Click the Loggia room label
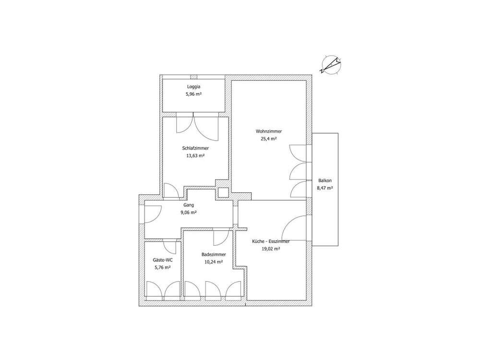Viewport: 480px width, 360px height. [x=193, y=87]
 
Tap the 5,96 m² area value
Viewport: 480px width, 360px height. [x=193, y=94]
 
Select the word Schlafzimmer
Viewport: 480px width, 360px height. [x=195, y=148]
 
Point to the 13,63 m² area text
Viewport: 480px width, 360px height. [x=195, y=156]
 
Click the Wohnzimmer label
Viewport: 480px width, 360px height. [x=269, y=132]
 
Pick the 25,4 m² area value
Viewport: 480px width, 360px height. [x=269, y=139]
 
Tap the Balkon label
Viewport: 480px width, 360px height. [x=325, y=180]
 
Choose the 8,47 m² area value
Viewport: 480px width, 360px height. [x=325, y=188]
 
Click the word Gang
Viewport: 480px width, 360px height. [x=189, y=205]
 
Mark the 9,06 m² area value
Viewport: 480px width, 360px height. [x=189, y=213]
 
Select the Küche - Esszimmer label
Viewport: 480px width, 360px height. [x=271, y=241]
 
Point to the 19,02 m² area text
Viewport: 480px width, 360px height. [x=271, y=249]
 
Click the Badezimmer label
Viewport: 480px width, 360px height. [x=214, y=254]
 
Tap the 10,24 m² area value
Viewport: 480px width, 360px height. [x=214, y=262]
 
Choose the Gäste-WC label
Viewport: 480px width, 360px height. [x=163, y=260]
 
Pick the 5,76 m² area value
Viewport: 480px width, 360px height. [x=163, y=267]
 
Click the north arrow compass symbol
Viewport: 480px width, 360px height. [x=331, y=65]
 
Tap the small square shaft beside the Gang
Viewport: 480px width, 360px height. [x=223, y=192]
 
